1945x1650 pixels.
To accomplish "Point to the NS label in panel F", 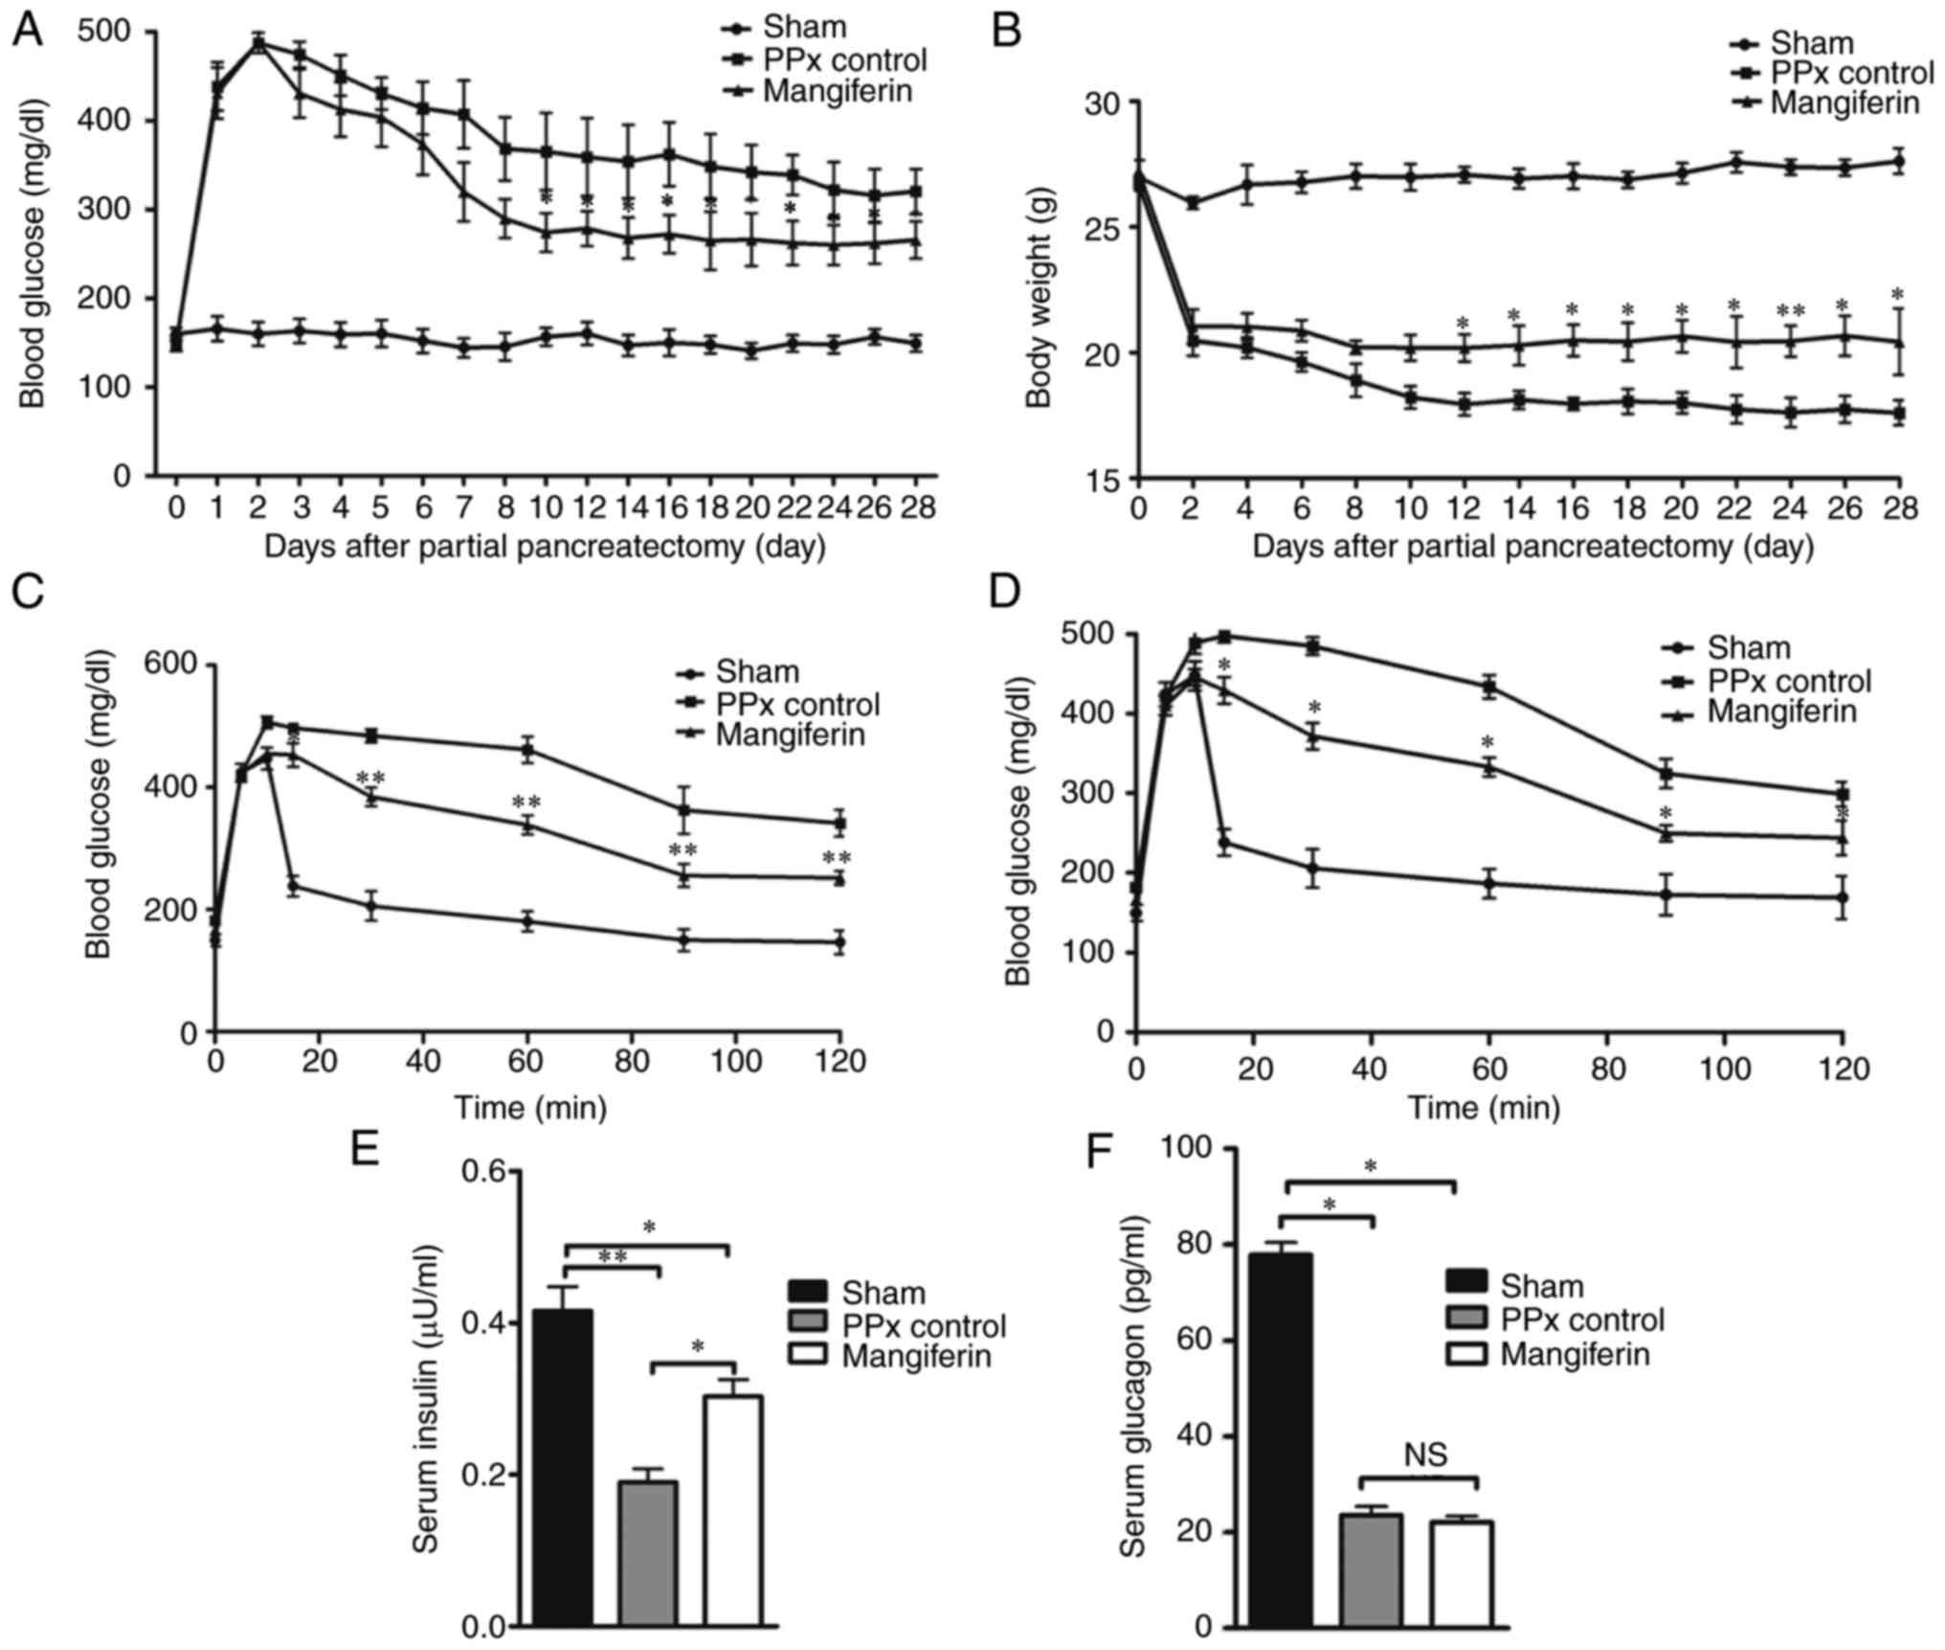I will pyautogui.click(x=1425, y=1455).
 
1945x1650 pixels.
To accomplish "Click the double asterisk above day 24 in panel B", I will pyautogui.click(x=1790, y=312).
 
